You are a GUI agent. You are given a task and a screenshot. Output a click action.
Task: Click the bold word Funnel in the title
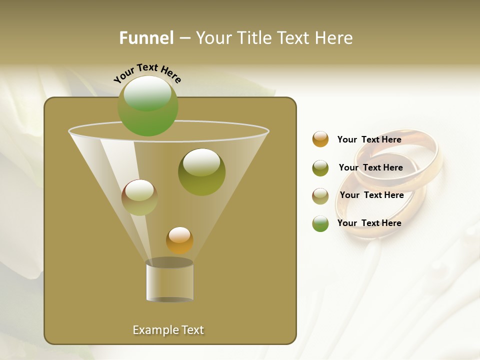click(x=146, y=38)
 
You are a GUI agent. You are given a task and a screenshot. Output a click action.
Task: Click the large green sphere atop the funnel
click(x=147, y=105)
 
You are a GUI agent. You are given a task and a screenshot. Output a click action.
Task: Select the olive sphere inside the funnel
click(x=201, y=171)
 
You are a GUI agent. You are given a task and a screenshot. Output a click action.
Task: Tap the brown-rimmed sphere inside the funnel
click(x=139, y=197)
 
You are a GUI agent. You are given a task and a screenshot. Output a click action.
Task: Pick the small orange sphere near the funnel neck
click(x=179, y=240)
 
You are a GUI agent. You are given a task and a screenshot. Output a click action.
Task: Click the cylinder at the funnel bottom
click(x=169, y=281)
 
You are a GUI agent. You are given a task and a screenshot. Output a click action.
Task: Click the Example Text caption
click(x=168, y=330)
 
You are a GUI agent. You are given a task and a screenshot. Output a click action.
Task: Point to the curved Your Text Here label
click(x=147, y=72)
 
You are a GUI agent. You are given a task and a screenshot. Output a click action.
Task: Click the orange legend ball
click(x=320, y=139)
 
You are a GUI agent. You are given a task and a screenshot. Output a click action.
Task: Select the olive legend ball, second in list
click(x=320, y=168)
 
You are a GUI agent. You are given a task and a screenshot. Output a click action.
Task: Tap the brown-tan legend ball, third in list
click(x=320, y=196)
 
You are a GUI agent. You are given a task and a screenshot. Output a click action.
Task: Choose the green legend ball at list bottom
click(x=320, y=223)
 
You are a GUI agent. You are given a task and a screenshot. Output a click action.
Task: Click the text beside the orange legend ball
click(x=369, y=139)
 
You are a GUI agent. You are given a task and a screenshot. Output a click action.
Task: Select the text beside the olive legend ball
click(x=370, y=167)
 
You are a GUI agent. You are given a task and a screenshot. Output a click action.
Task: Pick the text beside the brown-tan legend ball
click(x=371, y=195)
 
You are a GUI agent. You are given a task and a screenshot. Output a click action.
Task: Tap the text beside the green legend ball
click(x=369, y=223)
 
